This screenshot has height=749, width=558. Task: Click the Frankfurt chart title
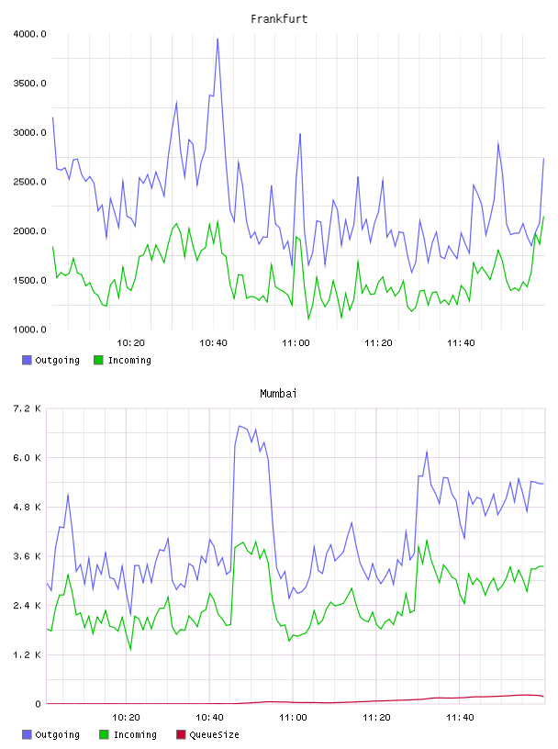tap(279, 19)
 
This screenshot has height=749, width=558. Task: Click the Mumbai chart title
tap(278, 394)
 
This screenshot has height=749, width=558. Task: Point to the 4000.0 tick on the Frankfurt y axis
tap(29, 34)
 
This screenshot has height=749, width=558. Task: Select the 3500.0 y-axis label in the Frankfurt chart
tap(29, 84)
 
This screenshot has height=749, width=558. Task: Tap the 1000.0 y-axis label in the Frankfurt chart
tap(29, 330)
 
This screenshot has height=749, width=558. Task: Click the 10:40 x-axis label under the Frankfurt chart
tap(213, 343)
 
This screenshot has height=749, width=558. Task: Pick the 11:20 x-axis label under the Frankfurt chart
tap(378, 343)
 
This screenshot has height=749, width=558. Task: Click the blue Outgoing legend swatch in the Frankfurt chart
tap(27, 360)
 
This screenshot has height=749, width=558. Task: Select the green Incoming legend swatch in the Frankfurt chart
tap(98, 360)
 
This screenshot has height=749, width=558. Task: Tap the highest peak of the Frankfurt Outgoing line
tap(218, 39)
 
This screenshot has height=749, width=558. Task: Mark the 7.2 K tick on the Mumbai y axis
tap(28, 408)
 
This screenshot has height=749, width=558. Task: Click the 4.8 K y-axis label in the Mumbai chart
tap(28, 507)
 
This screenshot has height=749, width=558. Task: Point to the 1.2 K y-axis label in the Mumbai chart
tap(28, 654)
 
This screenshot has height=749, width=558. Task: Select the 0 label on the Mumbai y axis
tap(39, 704)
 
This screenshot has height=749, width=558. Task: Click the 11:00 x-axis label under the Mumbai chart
tap(293, 718)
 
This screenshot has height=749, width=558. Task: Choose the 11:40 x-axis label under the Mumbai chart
tap(460, 718)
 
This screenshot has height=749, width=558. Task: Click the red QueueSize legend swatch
tap(181, 734)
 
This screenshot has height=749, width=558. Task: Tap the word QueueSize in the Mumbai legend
tap(214, 734)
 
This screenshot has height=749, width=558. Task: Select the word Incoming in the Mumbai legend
tap(135, 734)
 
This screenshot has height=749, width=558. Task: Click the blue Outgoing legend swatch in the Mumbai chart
tap(27, 734)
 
